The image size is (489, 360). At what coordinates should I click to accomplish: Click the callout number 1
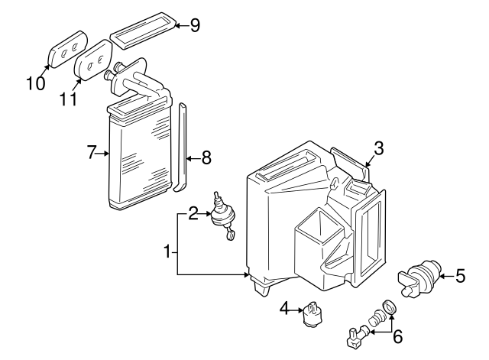pyautogui.click(x=167, y=250)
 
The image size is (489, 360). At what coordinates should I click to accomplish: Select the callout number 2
pyautogui.click(x=193, y=214)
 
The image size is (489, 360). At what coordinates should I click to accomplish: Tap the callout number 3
pyautogui.click(x=379, y=148)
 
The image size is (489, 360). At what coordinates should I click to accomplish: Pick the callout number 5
pyautogui.click(x=460, y=276)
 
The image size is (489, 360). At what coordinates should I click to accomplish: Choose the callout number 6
pyautogui.click(x=397, y=336)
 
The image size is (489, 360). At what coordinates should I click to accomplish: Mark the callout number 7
pyautogui.click(x=92, y=154)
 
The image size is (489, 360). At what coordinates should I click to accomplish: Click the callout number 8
pyautogui.click(x=206, y=158)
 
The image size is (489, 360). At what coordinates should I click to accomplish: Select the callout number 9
pyautogui.click(x=195, y=25)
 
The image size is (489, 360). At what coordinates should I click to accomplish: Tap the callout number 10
pyautogui.click(x=34, y=83)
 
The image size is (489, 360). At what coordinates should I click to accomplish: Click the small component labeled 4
pyautogui.click(x=312, y=313)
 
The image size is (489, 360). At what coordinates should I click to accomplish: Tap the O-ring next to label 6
pyautogui.click(x=390, y=307)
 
